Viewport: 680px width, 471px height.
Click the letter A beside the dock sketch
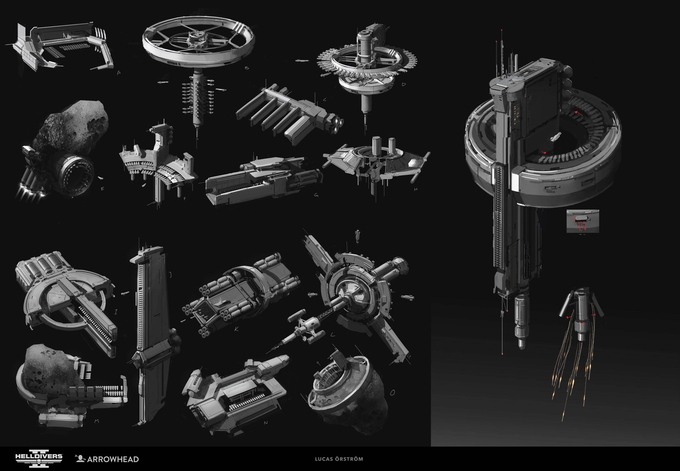click(x=119, y=73)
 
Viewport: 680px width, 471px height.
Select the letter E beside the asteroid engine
click(x=103, y=189)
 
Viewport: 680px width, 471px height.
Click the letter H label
click(x=416, y=189)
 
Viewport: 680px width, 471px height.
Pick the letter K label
click(x=236, y=329)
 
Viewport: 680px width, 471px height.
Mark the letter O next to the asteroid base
click(x=392, y=393)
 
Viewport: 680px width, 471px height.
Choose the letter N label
click(x=265, y=423)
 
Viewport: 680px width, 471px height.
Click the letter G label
click(x=316, y=195)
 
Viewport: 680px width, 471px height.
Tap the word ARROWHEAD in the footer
click(x=113, y=459)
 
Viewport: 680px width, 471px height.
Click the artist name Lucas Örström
click(x=339, y=459)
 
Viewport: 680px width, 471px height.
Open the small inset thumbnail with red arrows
click(x=583, y=221)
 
